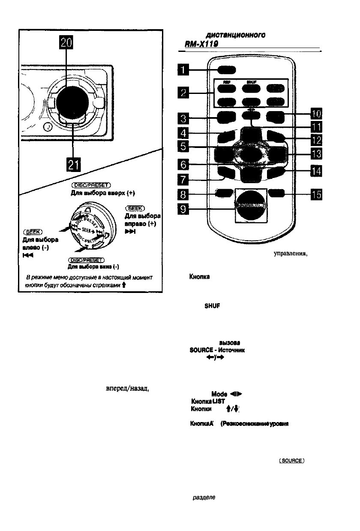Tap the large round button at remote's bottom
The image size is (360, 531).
tap(249, 205)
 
